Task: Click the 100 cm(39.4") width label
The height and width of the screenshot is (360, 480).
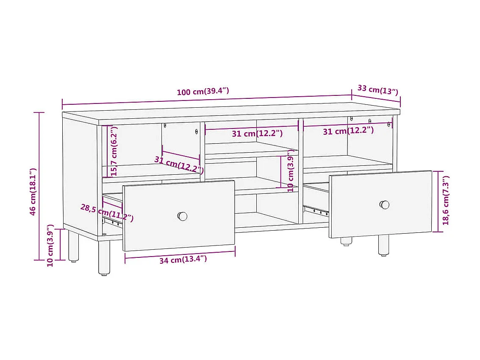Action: point(203,92)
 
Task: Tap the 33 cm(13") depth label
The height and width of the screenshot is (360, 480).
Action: point(377,90)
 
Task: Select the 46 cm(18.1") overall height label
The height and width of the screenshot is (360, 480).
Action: point(33,192)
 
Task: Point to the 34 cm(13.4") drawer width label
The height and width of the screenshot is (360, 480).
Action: point(183,259)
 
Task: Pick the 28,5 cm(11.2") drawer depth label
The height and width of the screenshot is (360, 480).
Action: point(107,213)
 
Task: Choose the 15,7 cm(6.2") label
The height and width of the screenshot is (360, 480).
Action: point(114,151)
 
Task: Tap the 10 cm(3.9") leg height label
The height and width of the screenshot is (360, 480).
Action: point(50,246)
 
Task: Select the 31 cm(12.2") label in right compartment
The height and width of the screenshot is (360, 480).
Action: point(348,131)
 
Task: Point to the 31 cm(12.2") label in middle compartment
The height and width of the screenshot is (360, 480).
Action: point(257,133)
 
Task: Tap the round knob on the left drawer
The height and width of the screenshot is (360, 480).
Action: point(182,216)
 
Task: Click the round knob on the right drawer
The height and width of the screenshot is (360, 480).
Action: point(384,205)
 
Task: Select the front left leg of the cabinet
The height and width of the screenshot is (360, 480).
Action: point(104,258)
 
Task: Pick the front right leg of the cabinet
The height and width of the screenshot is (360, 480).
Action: point(383,245)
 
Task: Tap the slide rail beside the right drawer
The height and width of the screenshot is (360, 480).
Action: point(316,210)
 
